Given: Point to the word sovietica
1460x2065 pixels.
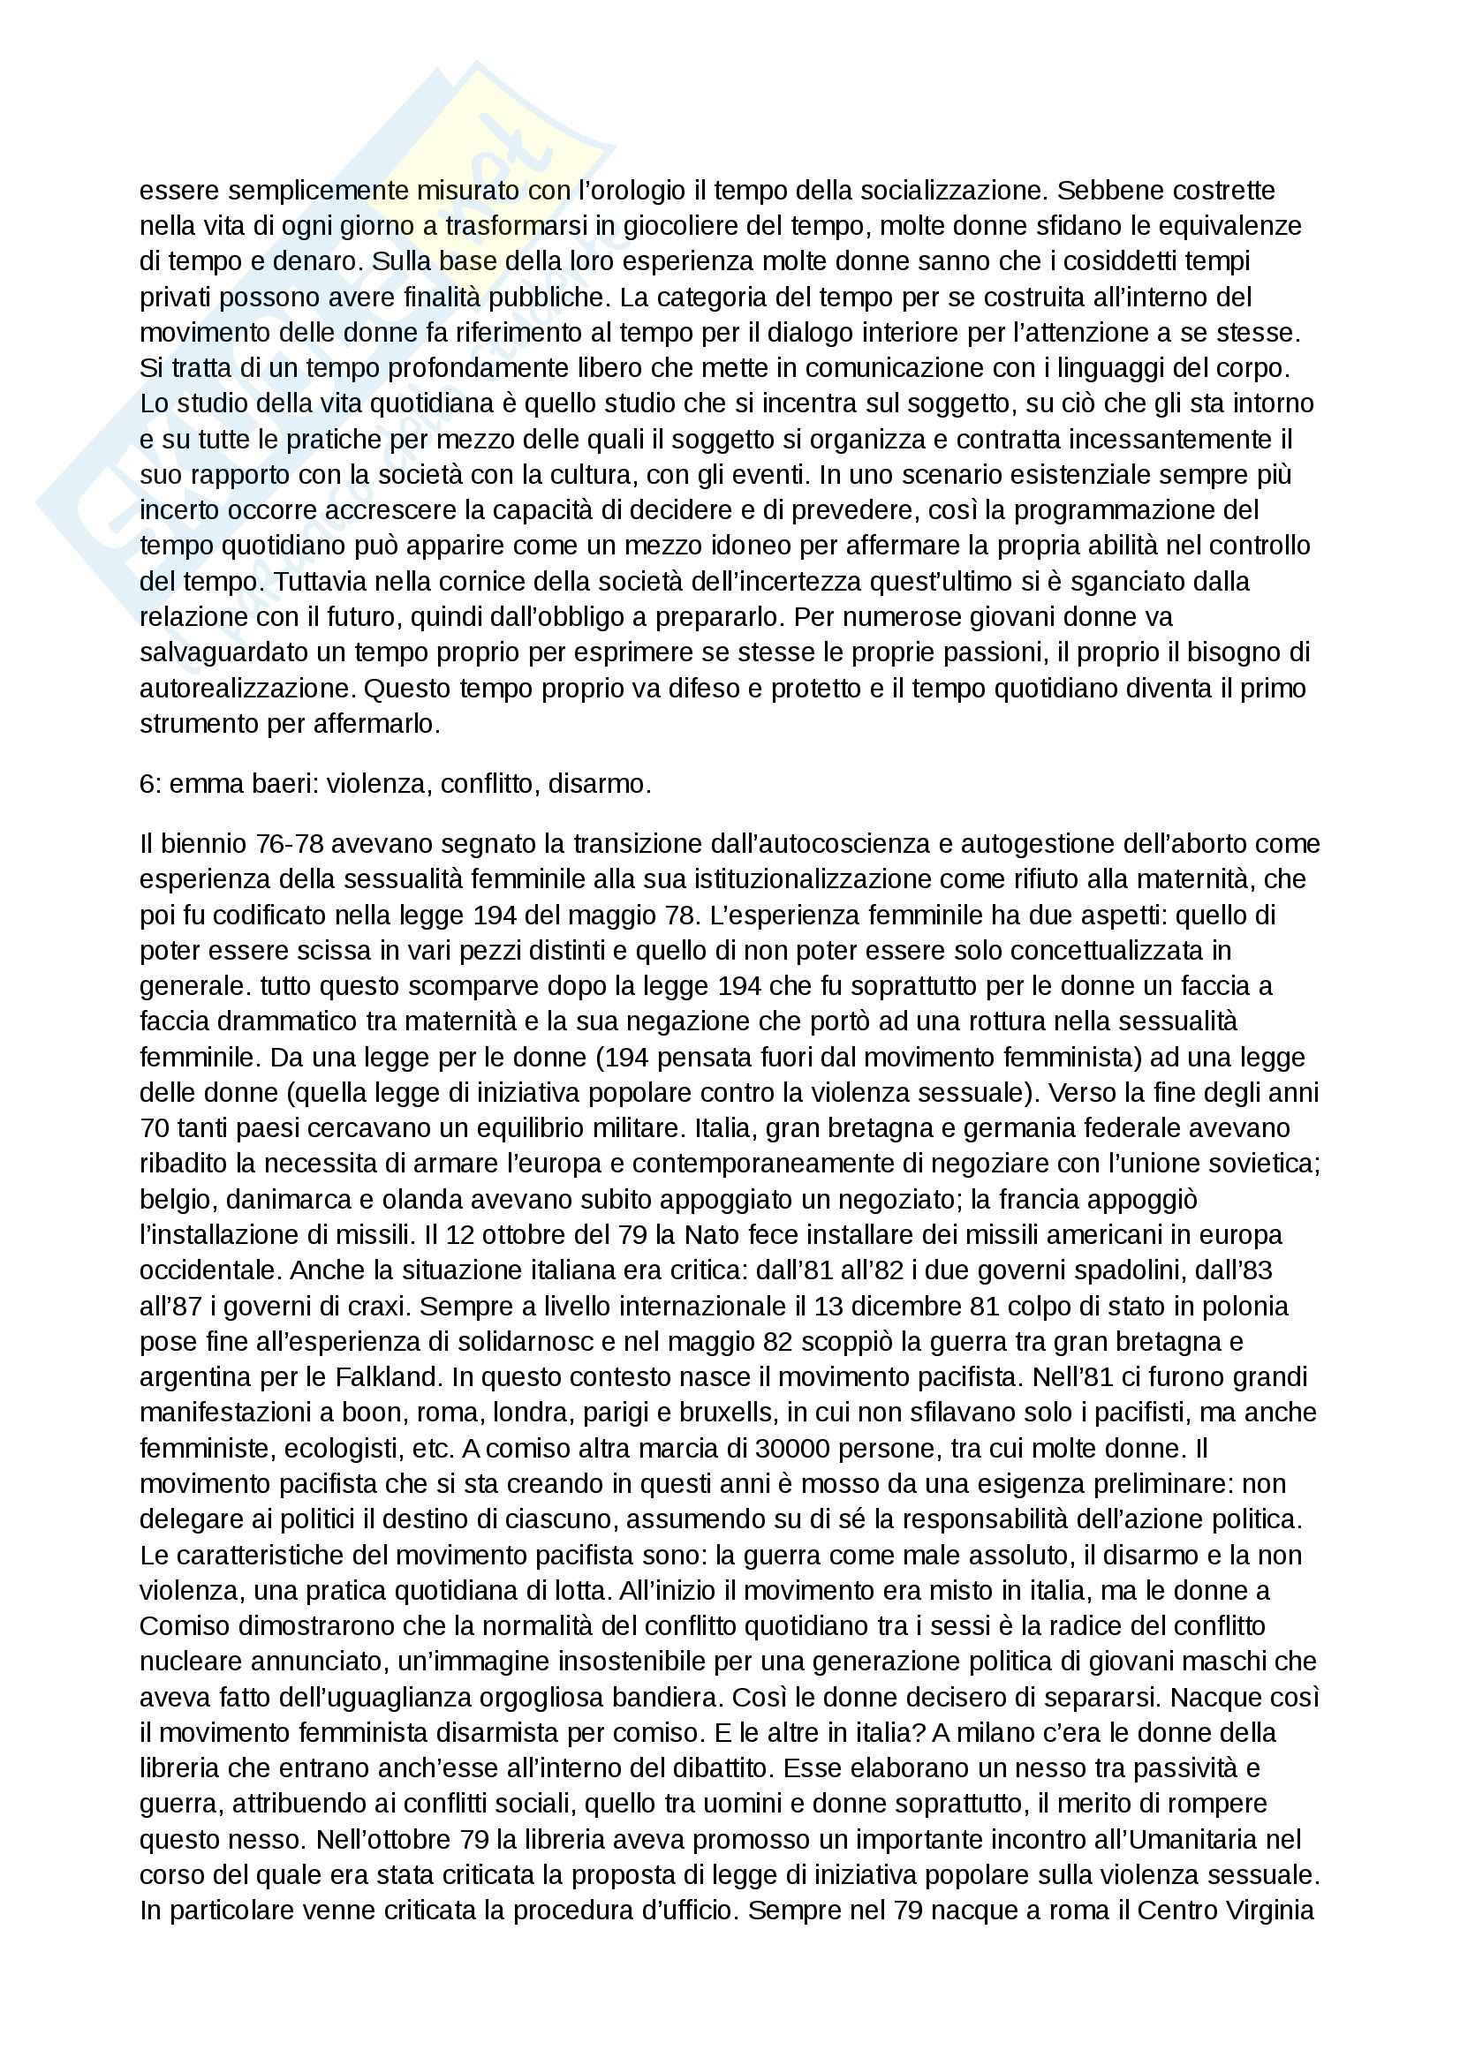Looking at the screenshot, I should [1263, 1163].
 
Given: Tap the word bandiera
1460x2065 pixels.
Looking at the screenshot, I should [663, 1697].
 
